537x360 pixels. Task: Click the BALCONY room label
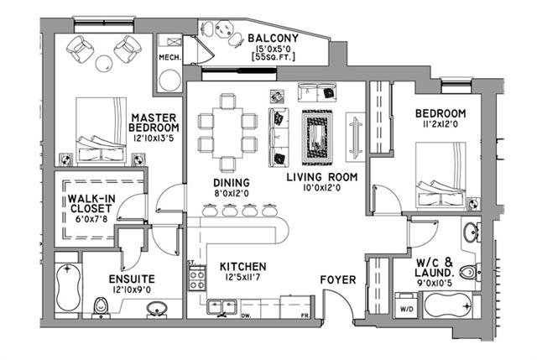coord(273,38)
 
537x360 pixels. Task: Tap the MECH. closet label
coord(169,58)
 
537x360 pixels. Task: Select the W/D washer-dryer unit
coord(406,305)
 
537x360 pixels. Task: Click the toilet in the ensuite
coord(101,306)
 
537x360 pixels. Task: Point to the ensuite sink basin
coord(157,309)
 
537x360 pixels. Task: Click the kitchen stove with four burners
coord(198,279)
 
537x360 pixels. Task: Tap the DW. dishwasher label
coord(246,316)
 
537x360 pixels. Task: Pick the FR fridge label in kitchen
coord(305,316)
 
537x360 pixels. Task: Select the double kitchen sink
coord(222,307)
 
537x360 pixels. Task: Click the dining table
coord(227,133)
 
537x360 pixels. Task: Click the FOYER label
coord(338,279)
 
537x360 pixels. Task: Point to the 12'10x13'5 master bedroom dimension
coord(154,138)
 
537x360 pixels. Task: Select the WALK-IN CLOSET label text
coord(91,203)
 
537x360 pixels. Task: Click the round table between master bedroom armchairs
coord(104,63)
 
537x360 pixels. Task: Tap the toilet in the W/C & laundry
coord(470,273)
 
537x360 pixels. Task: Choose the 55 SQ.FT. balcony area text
coord(273,57)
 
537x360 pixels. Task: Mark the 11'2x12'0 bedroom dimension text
coord(440,124)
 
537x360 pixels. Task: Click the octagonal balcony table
coord(224,29)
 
